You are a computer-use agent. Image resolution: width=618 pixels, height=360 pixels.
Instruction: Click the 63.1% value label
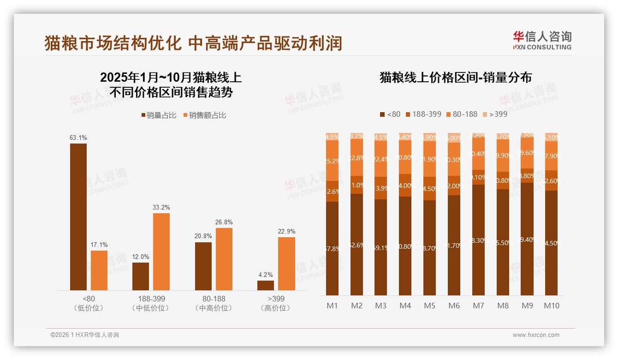point(78,138)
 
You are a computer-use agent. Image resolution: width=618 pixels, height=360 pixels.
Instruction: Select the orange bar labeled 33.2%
point(161,252)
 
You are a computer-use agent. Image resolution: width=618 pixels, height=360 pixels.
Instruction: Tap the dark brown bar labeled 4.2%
point(266,285)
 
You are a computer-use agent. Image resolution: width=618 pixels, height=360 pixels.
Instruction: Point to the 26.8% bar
point(224,259)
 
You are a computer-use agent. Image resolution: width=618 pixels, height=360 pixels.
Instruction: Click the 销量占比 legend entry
point(159,115)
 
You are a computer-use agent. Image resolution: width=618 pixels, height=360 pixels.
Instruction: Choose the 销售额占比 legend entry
point(205,115)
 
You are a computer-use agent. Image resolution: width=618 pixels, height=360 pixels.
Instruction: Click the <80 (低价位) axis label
point(88,303)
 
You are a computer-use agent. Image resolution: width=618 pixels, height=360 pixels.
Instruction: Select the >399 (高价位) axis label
point(275,303)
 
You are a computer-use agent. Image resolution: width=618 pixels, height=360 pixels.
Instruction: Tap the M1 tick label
point(333,306)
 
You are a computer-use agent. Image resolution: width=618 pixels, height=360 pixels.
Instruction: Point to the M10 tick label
point(551,306)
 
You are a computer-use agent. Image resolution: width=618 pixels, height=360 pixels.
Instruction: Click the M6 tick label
point(454,306)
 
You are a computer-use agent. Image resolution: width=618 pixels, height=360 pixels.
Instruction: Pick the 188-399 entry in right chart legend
point(423,114)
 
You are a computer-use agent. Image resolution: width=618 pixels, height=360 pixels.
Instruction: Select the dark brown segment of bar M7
point(478,240)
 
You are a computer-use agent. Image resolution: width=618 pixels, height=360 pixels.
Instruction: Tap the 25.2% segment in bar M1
point(333,161)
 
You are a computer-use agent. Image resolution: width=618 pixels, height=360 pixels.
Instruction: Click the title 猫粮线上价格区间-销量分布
point(455,77)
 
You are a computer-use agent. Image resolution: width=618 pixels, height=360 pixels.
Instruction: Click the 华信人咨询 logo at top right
point(542,40)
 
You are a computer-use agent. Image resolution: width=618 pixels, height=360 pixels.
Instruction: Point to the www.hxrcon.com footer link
point(535,335)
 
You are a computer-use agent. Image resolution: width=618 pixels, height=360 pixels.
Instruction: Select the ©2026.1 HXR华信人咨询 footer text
point(84,335)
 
